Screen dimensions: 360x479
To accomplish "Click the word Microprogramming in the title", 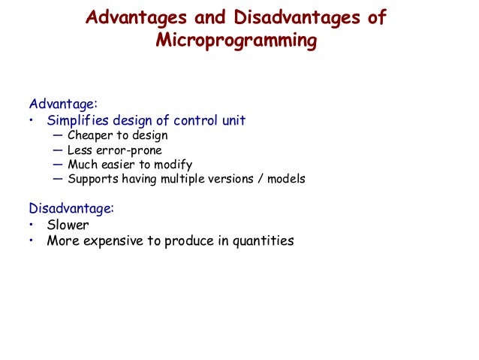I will pos(236,41).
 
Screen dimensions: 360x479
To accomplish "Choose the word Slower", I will pos(68,225).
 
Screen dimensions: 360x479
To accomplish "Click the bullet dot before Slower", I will pos(32,225).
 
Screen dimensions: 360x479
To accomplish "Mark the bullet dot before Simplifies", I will pos(32,120).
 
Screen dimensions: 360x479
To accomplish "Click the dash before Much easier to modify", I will pos(59,165).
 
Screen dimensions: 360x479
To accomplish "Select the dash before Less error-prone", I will pos(59,150).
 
